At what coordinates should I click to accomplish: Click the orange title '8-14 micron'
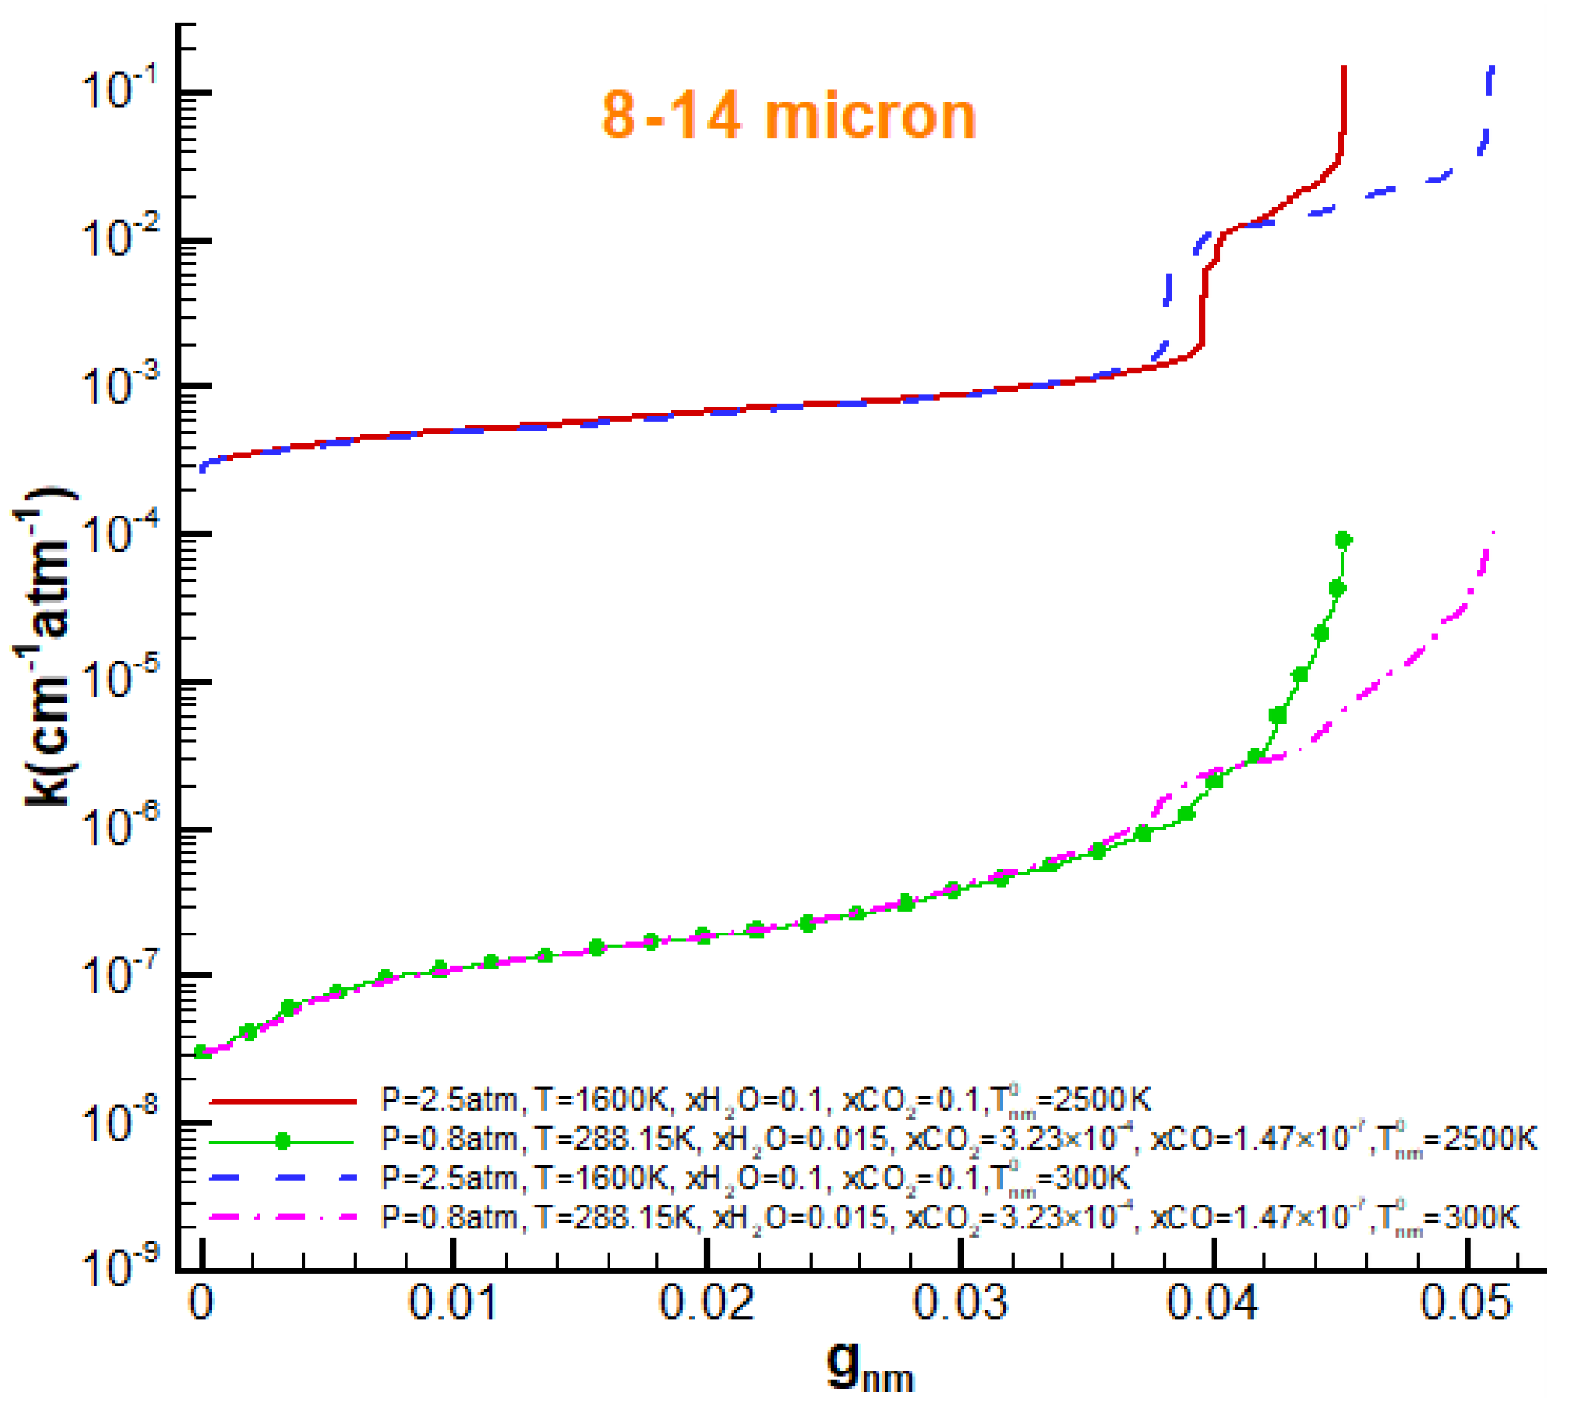pyautogui.click(x=788, y=116)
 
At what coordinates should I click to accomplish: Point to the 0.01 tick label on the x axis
pyautogui.click(x=453, y=1302)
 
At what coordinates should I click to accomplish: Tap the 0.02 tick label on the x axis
pyautogui.click(x=706, y=1302)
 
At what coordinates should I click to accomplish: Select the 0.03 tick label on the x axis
pyautogui.click(x=960, y=1302)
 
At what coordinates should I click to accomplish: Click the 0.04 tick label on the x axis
pyautogui.click(x=1213, y=1302)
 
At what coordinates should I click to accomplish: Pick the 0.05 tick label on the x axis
pyautogui.click(x=1465, y=1302)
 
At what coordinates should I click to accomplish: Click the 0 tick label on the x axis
pyautogui.click(x=201, y=1302)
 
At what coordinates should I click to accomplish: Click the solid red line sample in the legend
pyautogui.click(x=283, y=1101)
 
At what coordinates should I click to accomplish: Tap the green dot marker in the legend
pyautogui.click(x=283, y=1141)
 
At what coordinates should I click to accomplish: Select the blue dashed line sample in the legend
pyautogui.click(x=283, y=1178)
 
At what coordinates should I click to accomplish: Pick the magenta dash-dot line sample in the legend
pyautogui.click(x=283, y=1217)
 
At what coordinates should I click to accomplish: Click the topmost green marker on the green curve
pyautogui.click(x=1344, y=540)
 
